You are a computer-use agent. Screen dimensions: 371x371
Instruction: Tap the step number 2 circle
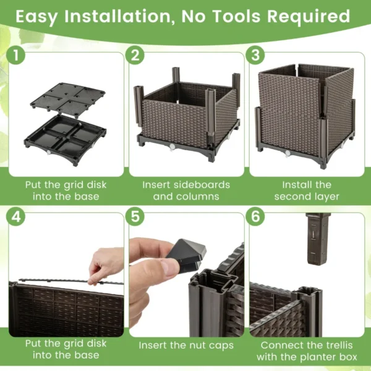tap(135, 56)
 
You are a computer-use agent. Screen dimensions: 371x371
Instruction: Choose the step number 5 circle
tap(135, 217)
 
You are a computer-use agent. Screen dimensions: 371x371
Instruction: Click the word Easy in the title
tap(43, 16)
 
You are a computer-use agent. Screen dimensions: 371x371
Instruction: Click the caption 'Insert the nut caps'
tap(185, 345)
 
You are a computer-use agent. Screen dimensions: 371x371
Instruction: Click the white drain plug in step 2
tap(171, 146)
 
